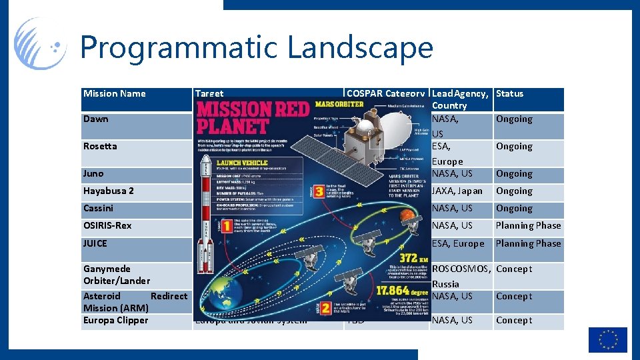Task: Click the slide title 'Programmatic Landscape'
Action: [x=257, y=48]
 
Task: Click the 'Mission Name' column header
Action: [x=115, y=94]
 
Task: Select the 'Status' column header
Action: [x=510, y=94]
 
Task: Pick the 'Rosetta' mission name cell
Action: [x=100, y=147]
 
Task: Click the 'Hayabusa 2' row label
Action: [x=109, y=191]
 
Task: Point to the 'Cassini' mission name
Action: [x=99, y=209]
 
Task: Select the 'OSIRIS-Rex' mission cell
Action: [x=108, y=226]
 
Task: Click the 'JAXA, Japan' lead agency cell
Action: [x=457, y=191]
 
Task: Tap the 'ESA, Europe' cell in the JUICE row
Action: [x=459, y=244]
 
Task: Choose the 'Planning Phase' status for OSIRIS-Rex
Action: [x=528, y=226]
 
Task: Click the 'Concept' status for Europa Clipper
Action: [x=514, y=321]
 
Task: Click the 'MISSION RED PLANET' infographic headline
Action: [x=253, y=118]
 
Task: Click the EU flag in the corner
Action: [x=607, y=339]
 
